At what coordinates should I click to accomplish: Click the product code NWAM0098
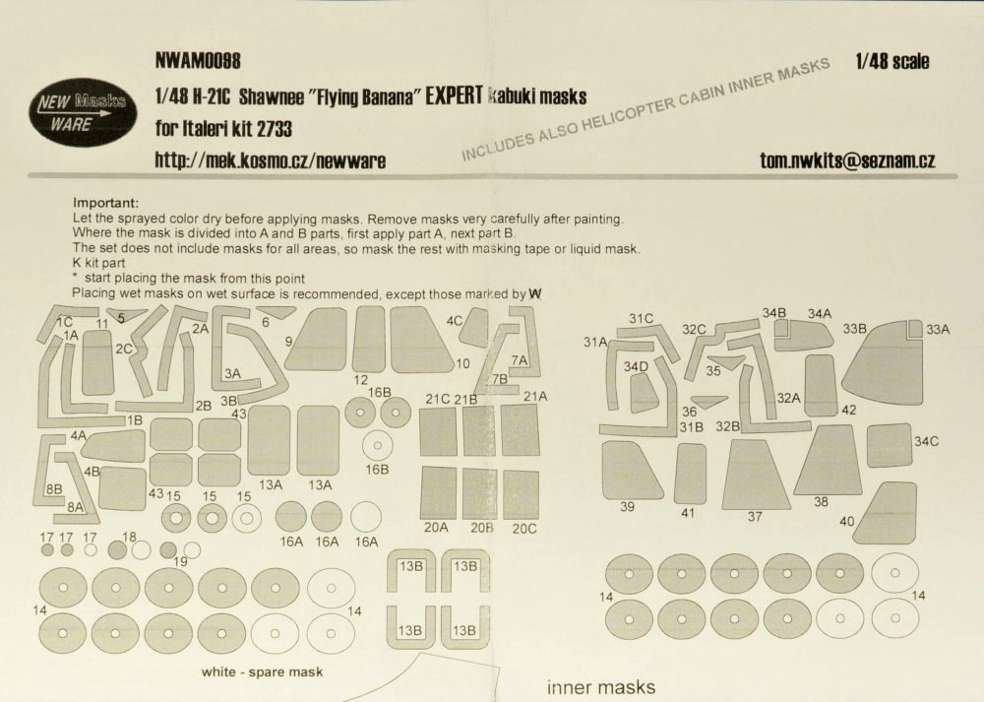[198, 61]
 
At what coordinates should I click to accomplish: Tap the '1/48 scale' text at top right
[892, 61]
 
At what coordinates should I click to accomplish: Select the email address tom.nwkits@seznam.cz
[847, 160]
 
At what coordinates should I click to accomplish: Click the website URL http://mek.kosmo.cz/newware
[271, 160]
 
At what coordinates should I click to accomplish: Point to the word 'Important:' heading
[105, 203]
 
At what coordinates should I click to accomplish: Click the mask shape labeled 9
[318, 339]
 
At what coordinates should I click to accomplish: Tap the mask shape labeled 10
[420, 340]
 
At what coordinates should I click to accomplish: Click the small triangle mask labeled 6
[277, 311]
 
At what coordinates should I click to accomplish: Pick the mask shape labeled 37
[756, 474]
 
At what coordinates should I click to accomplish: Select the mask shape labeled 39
[631, 470]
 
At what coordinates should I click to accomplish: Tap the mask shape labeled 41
[690, 473]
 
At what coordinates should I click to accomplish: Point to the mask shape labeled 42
[822, 385]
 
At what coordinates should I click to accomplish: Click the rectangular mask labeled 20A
[438, 493]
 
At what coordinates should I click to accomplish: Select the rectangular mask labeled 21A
[521, 430]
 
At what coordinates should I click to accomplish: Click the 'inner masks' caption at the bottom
[601, 687]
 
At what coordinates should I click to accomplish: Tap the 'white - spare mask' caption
[262, 671]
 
